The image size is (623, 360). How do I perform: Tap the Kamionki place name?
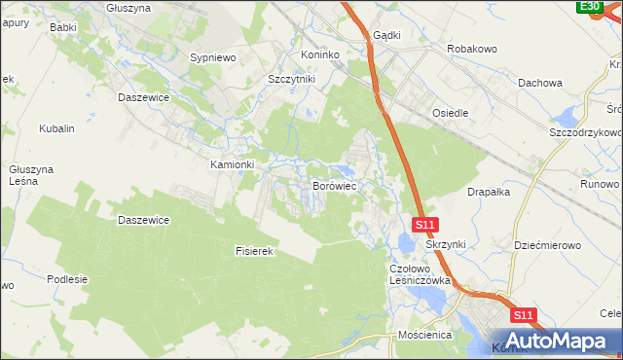[233, 164]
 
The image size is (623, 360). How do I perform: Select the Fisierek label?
[257, 251]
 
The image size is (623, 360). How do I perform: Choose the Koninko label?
[322, 54]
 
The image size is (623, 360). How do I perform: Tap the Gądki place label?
[386, 35]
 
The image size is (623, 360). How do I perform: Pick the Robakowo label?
[472, 48]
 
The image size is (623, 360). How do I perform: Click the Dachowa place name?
[541, 83]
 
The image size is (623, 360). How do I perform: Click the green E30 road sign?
[589, 7]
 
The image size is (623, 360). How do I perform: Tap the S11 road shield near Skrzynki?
[424, 225]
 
